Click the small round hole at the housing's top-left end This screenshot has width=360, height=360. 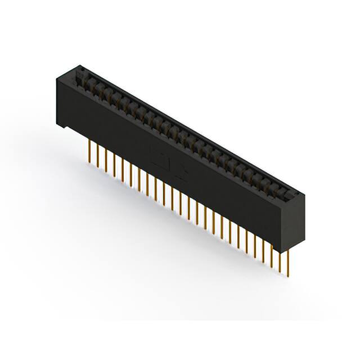tap(80, 70)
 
